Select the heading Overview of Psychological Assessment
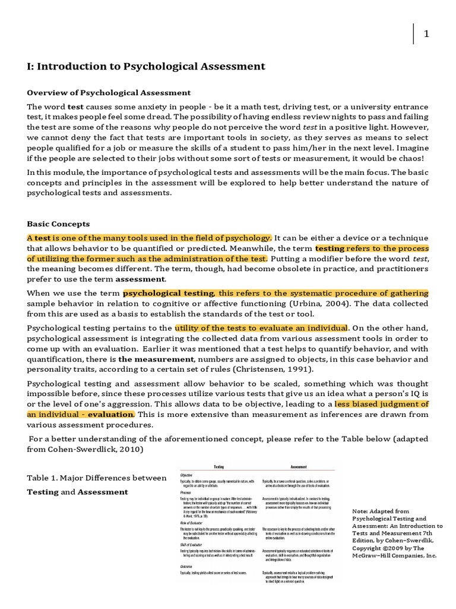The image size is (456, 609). pos(109,92)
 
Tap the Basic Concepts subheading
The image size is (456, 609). pos(58,224)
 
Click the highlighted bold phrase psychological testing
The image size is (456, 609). pos(169,293)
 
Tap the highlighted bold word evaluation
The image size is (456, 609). pos(111,415)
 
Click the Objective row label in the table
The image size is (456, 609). pos(186,475)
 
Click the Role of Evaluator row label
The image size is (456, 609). pos(194,522)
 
